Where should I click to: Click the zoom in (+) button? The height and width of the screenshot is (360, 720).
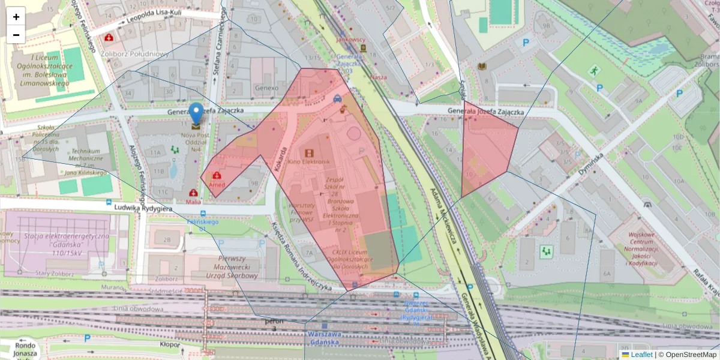pyautogui.click(x=16, y=17)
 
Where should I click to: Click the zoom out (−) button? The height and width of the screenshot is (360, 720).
pyautogui.click(x=16, y=35)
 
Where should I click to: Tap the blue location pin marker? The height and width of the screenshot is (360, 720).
pyautogui.click(x=196, y=113)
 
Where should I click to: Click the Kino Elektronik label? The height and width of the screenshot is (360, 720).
pyautogui.click(x=309, y=162)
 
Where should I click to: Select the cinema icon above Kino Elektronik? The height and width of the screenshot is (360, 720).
pyautogui.click(x=309, y=153)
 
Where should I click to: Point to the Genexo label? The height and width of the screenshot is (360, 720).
pyautogui.click(x=266, y=88)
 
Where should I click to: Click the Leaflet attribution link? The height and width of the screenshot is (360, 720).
pyautogui.click(x=641, y=355)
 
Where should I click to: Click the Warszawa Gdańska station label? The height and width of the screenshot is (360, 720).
pyautogui.click(x=323, y=338)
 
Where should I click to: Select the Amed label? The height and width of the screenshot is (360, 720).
pyautogui.click(x=217, y=185)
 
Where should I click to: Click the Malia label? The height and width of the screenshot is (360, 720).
pyautogui.click(x=193, y=202)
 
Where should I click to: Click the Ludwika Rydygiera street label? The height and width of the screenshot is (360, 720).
pyautogui.click(x=143, y=208)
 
